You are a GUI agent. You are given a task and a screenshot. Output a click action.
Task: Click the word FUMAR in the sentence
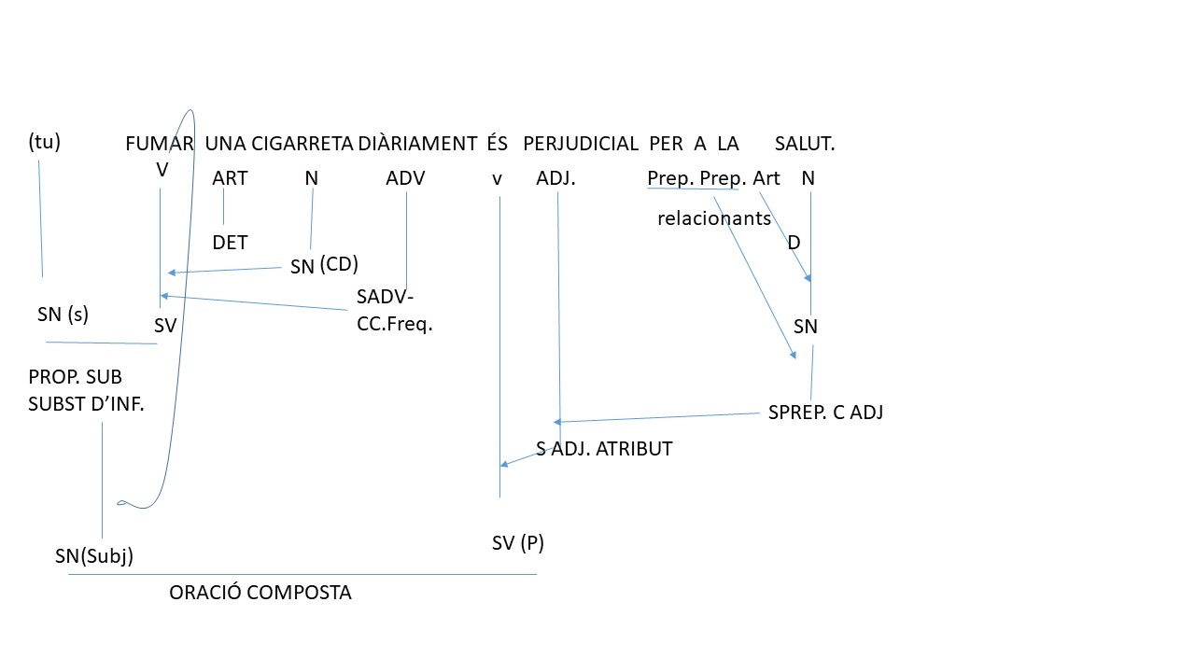[160, 144]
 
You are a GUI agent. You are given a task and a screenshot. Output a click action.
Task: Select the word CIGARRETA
[302, 144]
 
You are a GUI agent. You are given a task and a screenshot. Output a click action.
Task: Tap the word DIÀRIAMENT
[417, 144]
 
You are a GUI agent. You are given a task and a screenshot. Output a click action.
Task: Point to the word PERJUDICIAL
[581, 144]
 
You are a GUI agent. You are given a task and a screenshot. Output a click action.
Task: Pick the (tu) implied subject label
[44, 142]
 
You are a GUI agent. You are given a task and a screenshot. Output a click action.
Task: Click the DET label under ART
[230, 243]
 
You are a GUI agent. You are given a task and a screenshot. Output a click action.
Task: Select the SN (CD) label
[324, 265]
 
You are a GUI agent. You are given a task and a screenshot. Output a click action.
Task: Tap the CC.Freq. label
[394, 324]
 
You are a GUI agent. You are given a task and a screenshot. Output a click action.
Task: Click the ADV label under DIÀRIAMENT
[405, 178]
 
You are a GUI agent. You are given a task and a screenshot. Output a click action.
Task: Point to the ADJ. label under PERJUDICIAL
[555, 178]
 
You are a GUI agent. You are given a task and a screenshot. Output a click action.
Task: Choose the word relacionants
[714, 218]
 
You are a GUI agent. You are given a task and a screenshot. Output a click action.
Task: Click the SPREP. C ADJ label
[826, 413]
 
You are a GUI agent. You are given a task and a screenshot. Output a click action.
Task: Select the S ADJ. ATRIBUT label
[604, 449]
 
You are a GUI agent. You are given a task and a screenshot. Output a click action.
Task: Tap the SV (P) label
[518, 543]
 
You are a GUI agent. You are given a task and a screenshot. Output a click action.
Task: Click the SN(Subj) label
[94, 556]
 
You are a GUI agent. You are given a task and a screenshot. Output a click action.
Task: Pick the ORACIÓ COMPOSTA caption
[260, 593]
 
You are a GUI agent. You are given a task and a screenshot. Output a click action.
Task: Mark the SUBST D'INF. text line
[86, 404]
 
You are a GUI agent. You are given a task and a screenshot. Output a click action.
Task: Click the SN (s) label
[63, 315]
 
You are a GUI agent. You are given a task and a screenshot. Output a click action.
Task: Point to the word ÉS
[498, 143]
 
